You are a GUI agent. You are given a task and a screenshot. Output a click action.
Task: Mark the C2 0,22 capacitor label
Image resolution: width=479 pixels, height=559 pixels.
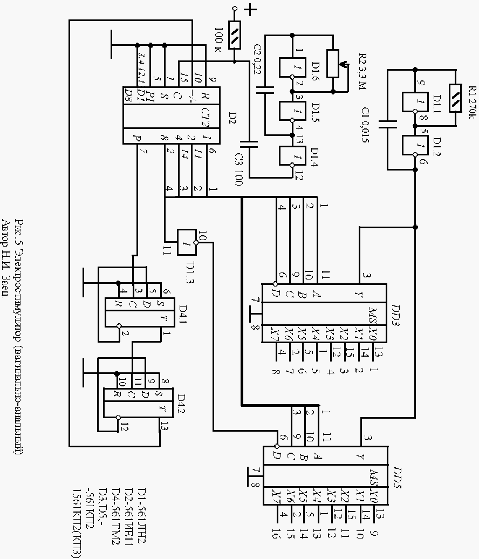[258, 58]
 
